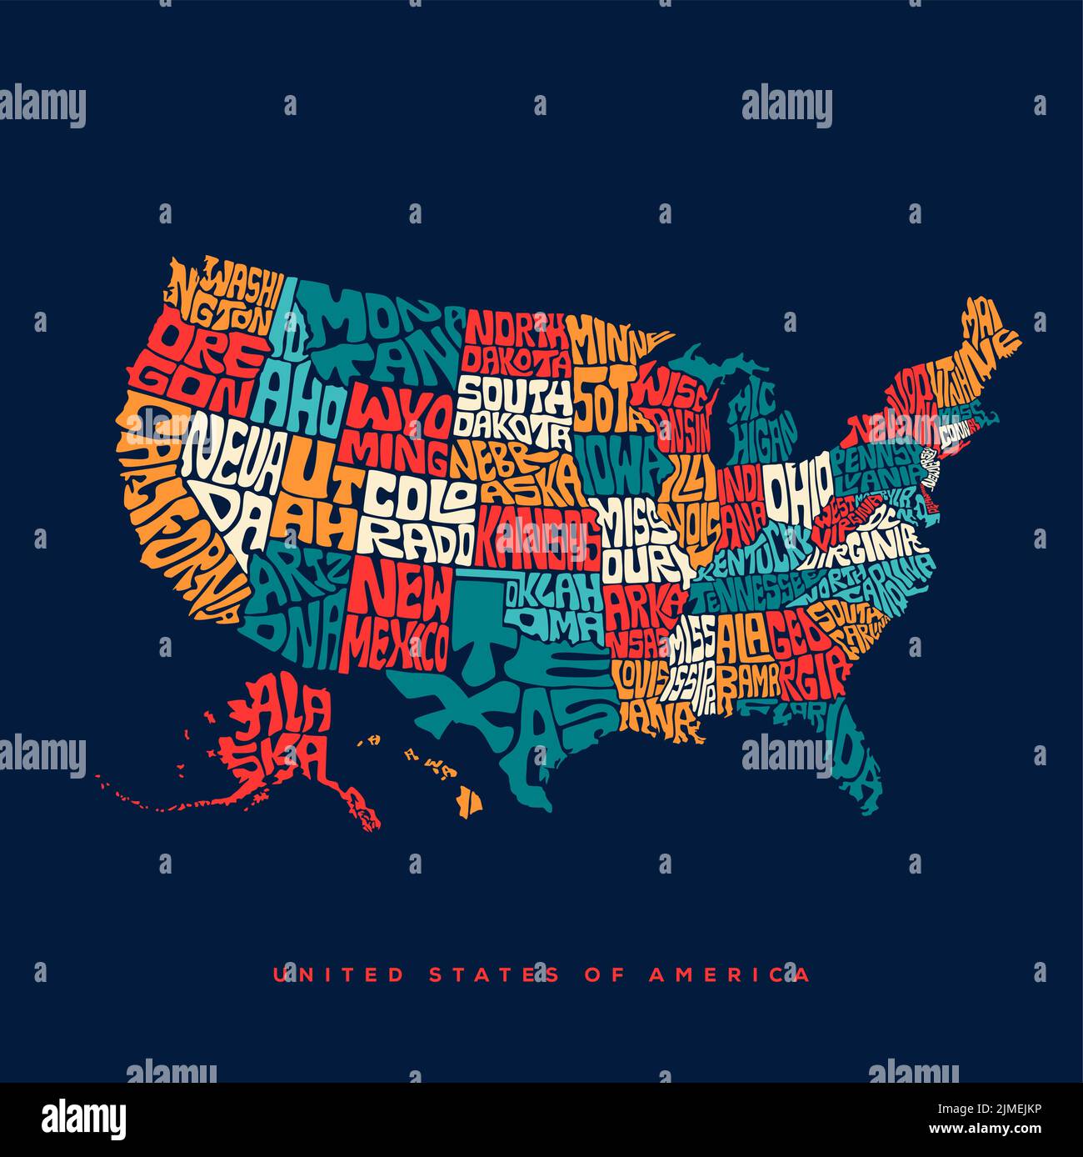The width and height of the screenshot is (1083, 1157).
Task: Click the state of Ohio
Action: coord(797,490)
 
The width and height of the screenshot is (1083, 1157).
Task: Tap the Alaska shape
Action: coord(283,734)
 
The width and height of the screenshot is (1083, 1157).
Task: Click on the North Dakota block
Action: coord(515,343)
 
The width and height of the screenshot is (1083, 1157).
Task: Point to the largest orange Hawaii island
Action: coord(470,802)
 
